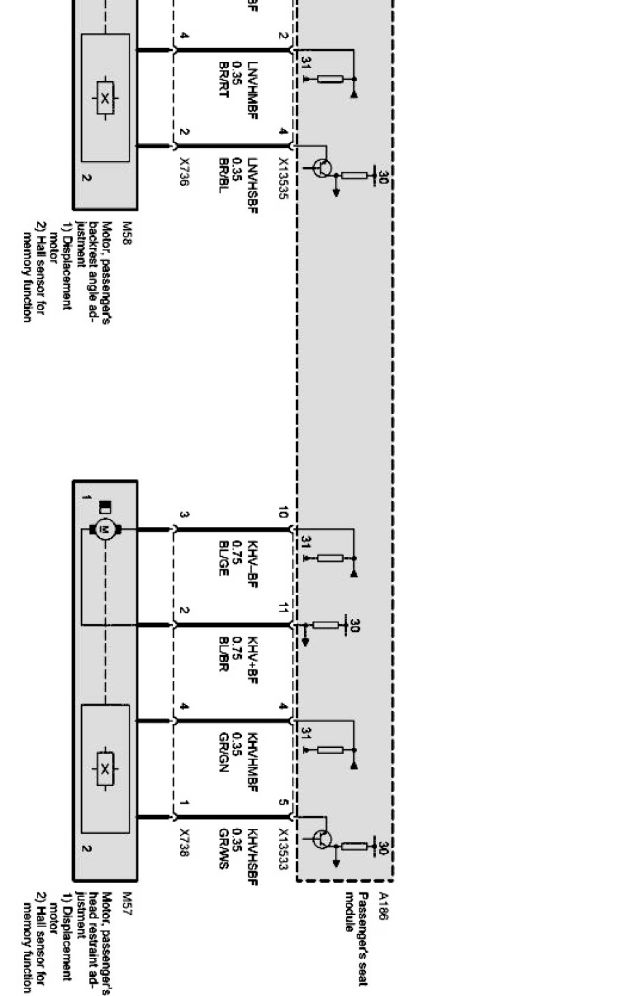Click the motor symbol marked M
(104, 529)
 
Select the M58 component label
(125, 227)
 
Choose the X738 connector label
(183, 843)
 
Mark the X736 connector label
(183, 172)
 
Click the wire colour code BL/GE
(223, 559)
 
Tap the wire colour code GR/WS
(223, 848)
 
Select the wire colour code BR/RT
(223, 80)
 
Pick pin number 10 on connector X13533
(282, 513)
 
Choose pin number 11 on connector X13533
(282, 608)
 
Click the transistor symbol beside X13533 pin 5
(323, 839)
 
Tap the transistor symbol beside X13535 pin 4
(323, 168)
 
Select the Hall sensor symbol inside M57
(104, 769)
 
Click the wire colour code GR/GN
(223, 752)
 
